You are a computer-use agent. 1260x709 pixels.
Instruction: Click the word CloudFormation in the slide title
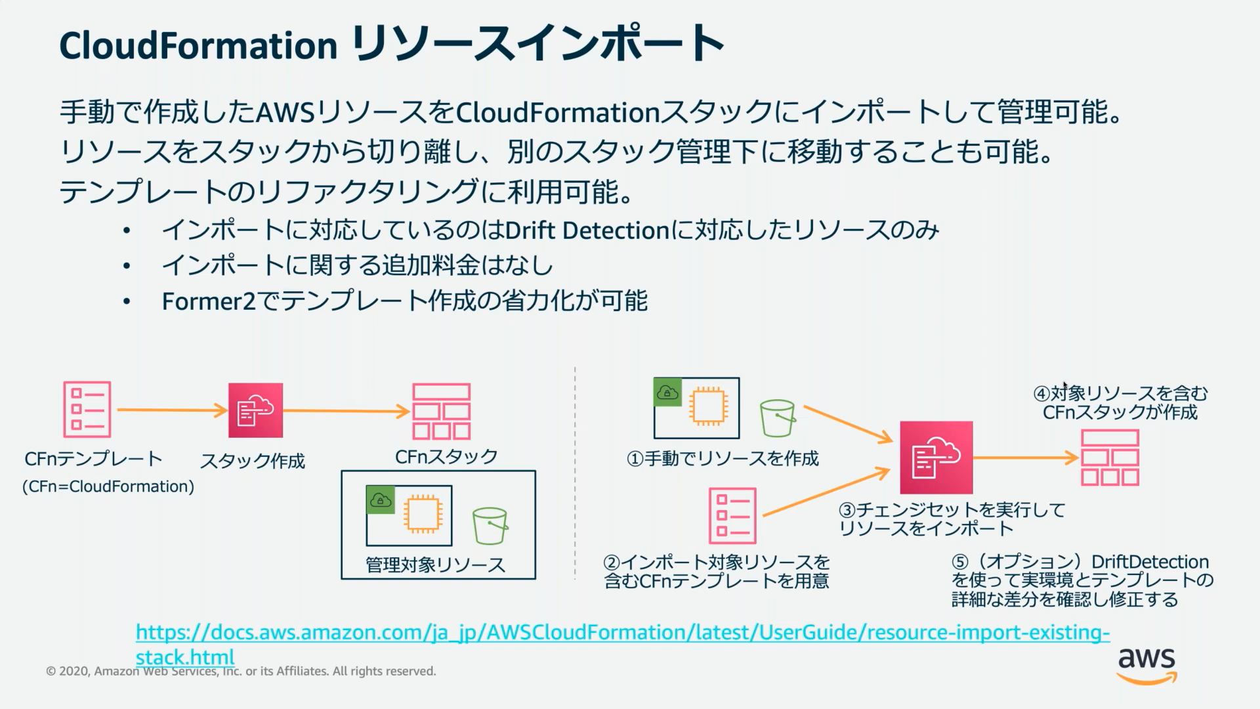[198, 45]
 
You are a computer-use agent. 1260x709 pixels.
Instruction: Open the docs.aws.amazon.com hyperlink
[622, 633]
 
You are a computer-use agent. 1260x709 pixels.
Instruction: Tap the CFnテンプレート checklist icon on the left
[87, 410]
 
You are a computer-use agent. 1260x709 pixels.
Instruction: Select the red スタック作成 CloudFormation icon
[255, 410]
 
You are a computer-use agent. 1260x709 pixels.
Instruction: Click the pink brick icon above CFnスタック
[441, 412]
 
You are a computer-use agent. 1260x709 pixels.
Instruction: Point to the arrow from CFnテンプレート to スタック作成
[172, 410]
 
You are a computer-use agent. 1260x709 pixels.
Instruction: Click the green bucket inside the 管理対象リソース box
[490, 526]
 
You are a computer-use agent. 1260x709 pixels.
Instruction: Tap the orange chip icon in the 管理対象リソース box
[422, 515]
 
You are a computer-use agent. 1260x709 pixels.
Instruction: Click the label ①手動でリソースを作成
[723, 458]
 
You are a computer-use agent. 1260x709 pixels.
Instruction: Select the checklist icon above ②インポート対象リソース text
[732, 516]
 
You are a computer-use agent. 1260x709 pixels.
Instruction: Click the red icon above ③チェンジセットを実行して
[936, 458]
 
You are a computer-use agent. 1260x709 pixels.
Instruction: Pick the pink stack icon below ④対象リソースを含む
[1110, 458]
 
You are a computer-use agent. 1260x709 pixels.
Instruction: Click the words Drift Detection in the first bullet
[587, 230]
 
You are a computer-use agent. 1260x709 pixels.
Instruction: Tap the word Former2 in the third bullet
[208, 301]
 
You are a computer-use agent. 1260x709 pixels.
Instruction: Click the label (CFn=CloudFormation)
[108, 486]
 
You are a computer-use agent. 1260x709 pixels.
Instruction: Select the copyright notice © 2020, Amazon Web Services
[240, 672]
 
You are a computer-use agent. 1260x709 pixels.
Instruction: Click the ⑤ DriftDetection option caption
[1081, 580]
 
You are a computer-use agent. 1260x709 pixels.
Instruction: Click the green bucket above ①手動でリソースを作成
[778, 418]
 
